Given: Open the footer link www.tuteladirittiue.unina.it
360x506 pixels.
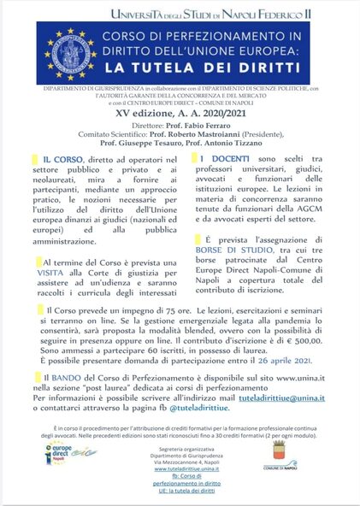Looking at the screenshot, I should (180, 468).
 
